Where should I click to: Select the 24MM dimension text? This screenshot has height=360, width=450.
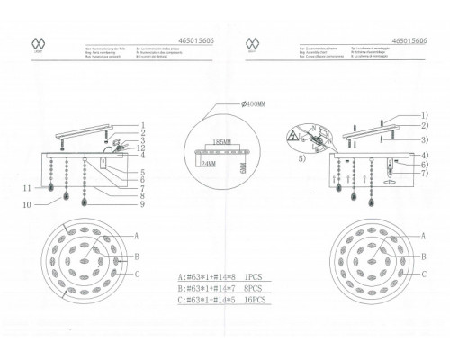tap(211, 166)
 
